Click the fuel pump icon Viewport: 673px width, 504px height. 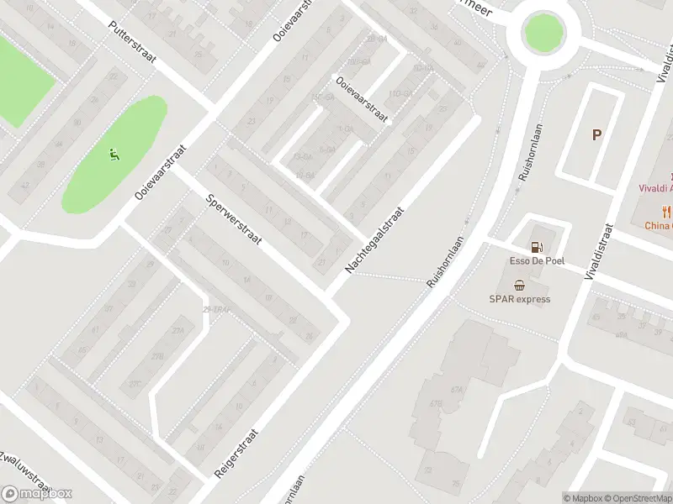[535, 247]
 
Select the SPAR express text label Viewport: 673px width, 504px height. [520, 299]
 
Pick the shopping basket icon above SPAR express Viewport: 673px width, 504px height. [520, 285]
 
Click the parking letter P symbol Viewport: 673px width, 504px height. [597, 134]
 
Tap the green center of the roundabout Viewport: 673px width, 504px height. [543, 33]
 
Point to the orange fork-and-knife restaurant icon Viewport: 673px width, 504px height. [667, 212]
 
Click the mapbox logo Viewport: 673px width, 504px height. [37, 494]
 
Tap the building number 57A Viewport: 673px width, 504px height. [458, 390]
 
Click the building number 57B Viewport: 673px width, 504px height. [436, 405]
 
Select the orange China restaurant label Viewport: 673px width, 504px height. [659, 225]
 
